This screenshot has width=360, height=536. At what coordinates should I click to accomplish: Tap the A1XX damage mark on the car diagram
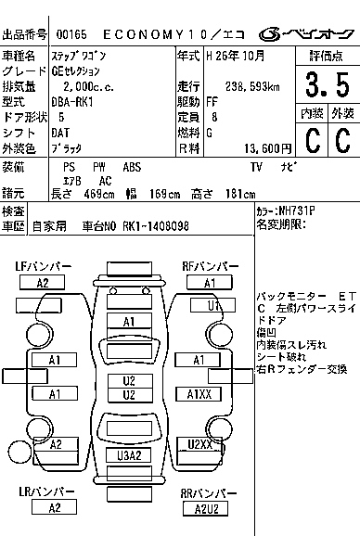pyautogui.click(x=201, y=394)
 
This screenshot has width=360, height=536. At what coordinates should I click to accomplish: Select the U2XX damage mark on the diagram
pyautogui.click(x=201, y=444)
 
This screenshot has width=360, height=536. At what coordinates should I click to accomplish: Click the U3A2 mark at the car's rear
pyautogui.click(x=129, y=454)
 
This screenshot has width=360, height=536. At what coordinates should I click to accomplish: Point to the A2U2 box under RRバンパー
pyautogui.click(x=206, y=508)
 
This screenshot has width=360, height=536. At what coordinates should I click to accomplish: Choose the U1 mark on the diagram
pyautogui.click(x=214, y=305)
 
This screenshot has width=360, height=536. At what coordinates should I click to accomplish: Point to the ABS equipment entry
pyautogui.click(x=132, y=166)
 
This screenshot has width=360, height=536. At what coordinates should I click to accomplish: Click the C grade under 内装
pyautogui.click(x=313, y=140)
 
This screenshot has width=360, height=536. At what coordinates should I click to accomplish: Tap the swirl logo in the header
pyautogui.click(x=269, y=34)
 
